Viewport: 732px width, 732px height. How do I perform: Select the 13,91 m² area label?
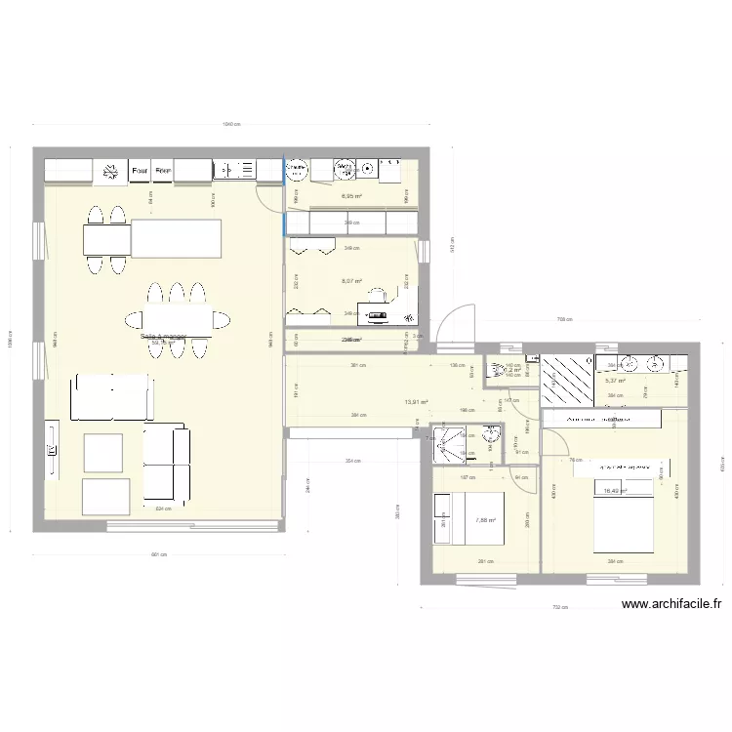click(x=417, y=402)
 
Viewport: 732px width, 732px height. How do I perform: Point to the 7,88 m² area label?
click(x=485, y=520)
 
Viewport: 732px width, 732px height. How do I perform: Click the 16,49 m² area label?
click(x=615, y=491)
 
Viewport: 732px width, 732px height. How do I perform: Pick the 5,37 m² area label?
click(x=615, y=381)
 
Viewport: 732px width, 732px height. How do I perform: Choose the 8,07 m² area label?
click(x=351, y=282)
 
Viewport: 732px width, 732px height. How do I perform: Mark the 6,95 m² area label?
click(x=351, y=196)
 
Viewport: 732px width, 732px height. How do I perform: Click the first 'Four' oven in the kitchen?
click(x=140, y=171)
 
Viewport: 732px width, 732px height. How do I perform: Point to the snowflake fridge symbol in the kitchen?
click(x=294, y=171)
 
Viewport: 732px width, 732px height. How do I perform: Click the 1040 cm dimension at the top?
click(x=231, y=124)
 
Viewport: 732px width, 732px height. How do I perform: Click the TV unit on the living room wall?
click(x=51, y=449)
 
